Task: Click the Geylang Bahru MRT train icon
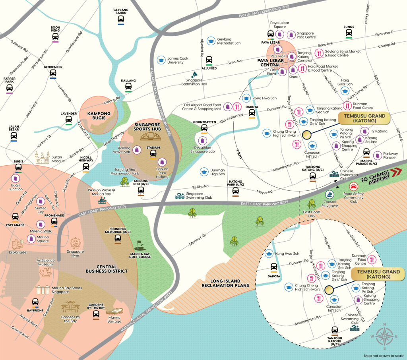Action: point(120,19)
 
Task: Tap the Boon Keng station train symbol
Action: point(55,37)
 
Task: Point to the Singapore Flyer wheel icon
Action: point(75,243)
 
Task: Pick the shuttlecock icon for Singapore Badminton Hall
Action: point(195,74)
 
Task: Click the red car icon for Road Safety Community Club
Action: point(352,187)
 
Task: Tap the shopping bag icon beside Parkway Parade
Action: point(377,154)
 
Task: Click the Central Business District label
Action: point(107,269)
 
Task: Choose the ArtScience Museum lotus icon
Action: point(46,272)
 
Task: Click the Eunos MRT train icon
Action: point(349,34)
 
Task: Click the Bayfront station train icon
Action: point(35,302)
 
